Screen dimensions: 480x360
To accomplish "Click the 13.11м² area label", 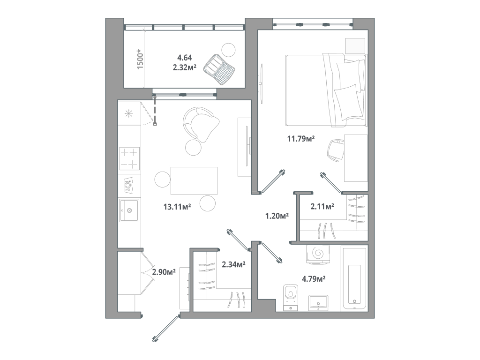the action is point(177,207).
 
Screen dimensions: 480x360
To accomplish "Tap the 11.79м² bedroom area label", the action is point(301,139).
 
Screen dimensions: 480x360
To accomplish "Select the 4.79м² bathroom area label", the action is point(314,279).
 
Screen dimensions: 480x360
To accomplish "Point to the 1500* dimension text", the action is point(140,59).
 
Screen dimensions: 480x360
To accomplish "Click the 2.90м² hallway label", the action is point(164,272).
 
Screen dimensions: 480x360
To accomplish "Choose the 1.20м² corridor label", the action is point(277,216).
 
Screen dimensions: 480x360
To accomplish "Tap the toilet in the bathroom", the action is point(291,297).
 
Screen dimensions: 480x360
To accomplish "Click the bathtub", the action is point(354,278).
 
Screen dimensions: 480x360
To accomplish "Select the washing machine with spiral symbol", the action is point(318,255).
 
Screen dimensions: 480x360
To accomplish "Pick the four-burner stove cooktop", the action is point(129,158).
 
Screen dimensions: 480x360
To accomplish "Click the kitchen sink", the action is point(129,210).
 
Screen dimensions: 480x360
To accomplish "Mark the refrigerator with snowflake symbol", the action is point(129,113).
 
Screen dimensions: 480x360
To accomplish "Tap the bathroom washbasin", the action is point(318,303).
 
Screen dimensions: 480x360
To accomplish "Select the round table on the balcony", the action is point(228,50).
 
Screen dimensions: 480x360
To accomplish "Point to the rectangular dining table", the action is point(194,180).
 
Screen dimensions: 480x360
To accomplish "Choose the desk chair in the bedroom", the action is point(336,150).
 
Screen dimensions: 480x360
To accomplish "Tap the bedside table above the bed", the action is point(355,46).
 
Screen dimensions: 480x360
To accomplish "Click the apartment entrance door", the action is point(165,329).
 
